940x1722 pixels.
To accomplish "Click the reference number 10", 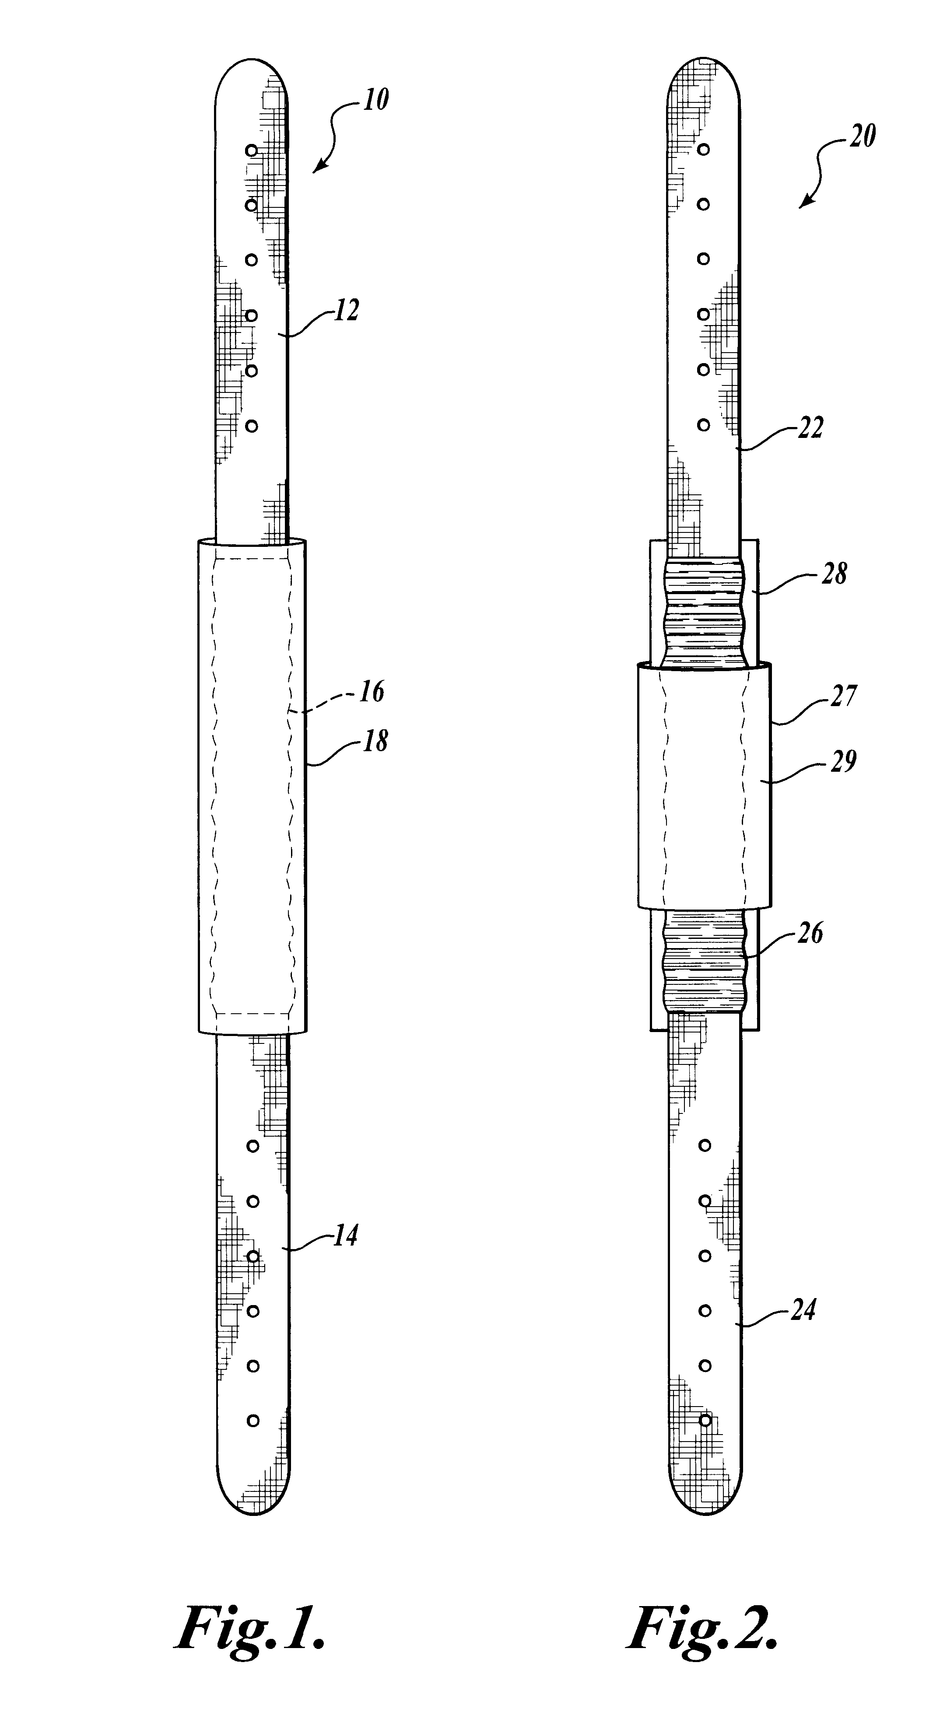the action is click(x=376, y=100).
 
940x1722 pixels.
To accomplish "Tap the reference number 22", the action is click(x=810, y=428).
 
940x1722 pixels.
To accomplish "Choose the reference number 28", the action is click(x=834, y=574).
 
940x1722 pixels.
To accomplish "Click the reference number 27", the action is click(x=842, y=696).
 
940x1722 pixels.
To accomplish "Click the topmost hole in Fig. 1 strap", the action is click(x=251, y=151).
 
